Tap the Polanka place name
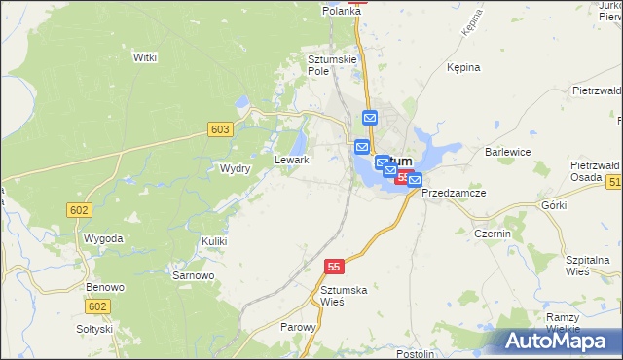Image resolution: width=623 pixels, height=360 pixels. pyautogui.click(x=342, y=11)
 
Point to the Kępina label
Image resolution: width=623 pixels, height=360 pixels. pyautogui.click(x=463, y=68)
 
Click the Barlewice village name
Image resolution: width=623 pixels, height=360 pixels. pyautogui.click(x=506, y=153)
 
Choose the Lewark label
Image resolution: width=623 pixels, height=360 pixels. pyautogui.click(x=292, y=160)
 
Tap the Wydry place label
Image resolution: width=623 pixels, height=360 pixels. pyautogui.click(x=236, y=168)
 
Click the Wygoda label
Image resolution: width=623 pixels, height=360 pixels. pyautogui.click(x=103, y=238)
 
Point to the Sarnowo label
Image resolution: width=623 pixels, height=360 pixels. pyautogui.click(x=193, y=275)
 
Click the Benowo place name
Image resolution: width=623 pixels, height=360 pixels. pyautogui.click(x=105, y=288)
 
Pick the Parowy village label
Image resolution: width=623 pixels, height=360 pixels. pyautogui.click(x=298, y=327)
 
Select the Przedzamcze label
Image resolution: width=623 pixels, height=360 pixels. pyautogui.click(x=455, y=193)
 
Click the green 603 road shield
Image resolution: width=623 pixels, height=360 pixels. pyautogui.click(x=220, y=129)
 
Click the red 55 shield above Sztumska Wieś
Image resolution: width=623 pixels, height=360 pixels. pyautogui.click(x=334, y=266)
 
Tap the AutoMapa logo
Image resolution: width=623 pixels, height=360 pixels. pyautogui.click(x=560, y=341)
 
